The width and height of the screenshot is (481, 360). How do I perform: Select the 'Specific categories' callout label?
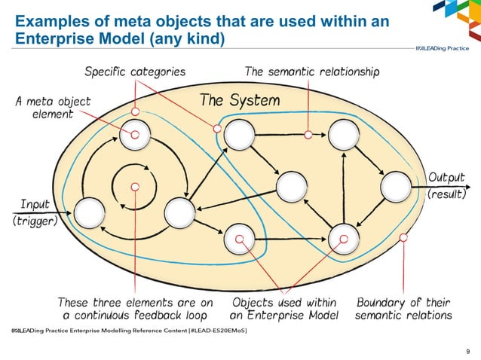click(x=135, y=72)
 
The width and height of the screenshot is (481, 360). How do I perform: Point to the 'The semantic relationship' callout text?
click(x=312, y=72)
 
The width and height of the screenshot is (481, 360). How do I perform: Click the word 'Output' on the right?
click(x=447, y=178)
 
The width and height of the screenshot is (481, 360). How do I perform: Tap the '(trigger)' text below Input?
click(x=35, y=223)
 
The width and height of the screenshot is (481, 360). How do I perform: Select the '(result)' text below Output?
click(x=447, y=194)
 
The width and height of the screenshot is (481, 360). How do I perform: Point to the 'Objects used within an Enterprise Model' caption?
click(x=284, y=309)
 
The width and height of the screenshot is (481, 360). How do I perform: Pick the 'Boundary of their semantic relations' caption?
click(x=403, y=309)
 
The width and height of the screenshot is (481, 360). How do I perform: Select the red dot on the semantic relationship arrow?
click(x=308, y=135)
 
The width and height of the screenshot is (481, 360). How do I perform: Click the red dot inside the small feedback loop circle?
click(x=135, y=186)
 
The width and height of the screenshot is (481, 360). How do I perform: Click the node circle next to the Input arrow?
click(x=90, y=212)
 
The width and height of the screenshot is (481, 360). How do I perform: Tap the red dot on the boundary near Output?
click(x=404, y=238)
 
